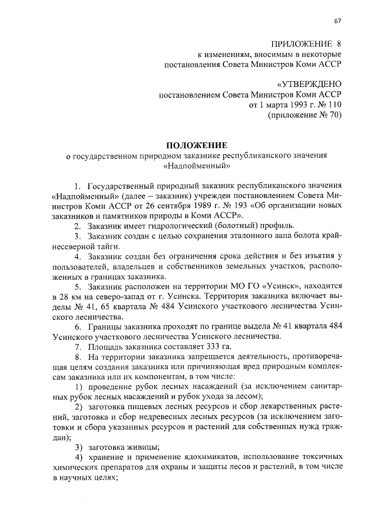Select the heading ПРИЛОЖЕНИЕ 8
(x=306, y=44)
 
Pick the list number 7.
(x=77, y=347)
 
